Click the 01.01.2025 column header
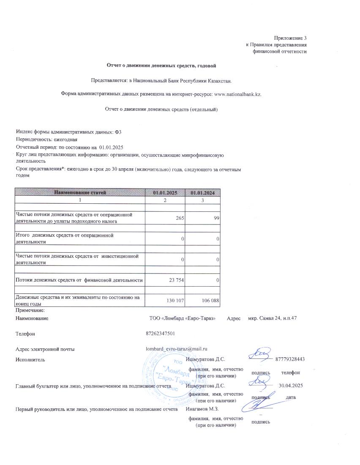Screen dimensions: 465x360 pos(165,193)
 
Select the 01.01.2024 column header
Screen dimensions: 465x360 pos(203,193)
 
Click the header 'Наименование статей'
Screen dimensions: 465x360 pos(79,193)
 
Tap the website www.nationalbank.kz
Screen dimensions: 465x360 pos(238,94)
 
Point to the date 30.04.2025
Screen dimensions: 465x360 pos(291,386)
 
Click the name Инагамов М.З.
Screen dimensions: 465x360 pos(202,409)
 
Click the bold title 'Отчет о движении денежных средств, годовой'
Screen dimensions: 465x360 pos(161,66)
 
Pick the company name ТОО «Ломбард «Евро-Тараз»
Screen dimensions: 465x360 pos(183,318)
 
